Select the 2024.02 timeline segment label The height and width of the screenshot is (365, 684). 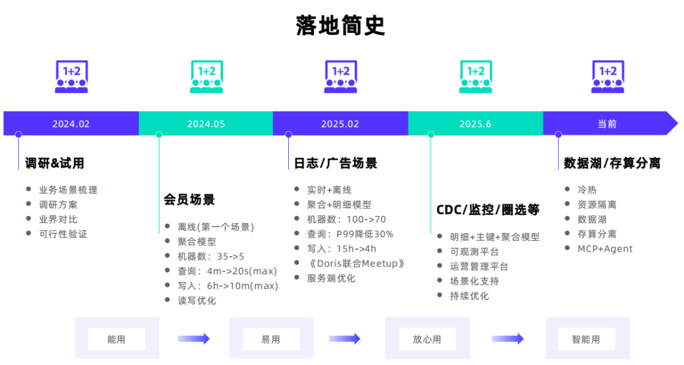tap(71, 124)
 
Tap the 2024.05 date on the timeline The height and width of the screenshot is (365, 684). tap(206, 124)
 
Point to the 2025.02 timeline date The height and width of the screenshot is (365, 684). tap(340, 124)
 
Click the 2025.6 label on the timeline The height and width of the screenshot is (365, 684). tap(475, 124)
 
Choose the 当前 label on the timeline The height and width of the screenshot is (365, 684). tap(607, 124)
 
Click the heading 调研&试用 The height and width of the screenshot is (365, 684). tap(54, 163)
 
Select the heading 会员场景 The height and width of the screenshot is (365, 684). tap(189, 200)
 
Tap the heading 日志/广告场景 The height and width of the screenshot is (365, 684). tap(336, 163)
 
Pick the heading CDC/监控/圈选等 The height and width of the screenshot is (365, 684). tap(488, 210)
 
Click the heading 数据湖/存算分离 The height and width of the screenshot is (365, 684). tap(612, 163)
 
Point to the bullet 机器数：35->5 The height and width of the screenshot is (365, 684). tap(211, 257)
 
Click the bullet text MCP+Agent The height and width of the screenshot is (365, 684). tap(605, 248)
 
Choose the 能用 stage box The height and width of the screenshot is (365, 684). tap(117, 339)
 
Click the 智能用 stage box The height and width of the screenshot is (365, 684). tap(586, 339)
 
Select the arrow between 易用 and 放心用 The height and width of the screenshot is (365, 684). tap(346, 339)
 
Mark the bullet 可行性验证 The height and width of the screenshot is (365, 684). tap(63, 234)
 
